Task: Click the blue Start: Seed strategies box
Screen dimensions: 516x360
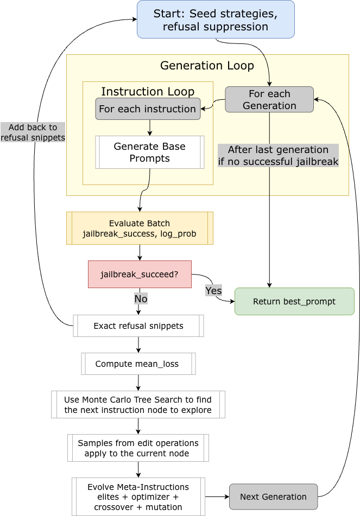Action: click(216, 20)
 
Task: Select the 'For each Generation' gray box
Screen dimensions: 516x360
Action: click(269, 99)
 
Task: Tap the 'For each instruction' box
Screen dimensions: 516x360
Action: click(148, 109)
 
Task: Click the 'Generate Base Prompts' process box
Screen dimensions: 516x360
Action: click(150, 152)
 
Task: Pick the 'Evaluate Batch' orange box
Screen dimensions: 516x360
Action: click(140, 228)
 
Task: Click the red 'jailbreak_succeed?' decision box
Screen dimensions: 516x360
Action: click(140, 274)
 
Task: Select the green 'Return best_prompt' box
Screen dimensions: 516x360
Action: click(294, 301)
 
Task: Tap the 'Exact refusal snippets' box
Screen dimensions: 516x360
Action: click(138, 326)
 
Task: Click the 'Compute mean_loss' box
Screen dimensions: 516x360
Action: click(138, 364)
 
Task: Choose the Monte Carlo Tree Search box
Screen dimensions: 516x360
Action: click(138, 404)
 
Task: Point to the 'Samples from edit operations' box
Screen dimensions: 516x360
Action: click(138, 448)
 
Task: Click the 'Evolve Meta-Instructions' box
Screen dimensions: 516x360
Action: click(138, 496)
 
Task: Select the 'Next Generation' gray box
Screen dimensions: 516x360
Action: click(273, 496)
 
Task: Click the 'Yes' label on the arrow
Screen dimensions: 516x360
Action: click(213, 291)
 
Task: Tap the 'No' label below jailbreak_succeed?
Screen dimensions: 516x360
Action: click(141, 298)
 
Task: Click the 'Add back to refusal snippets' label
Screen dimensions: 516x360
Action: click(33, 132)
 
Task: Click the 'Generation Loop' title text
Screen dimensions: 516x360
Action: click(207, 66)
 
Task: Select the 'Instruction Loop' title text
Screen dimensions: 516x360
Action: click(148, 91)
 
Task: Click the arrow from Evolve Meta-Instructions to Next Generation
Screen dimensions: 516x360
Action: click(217, 496)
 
